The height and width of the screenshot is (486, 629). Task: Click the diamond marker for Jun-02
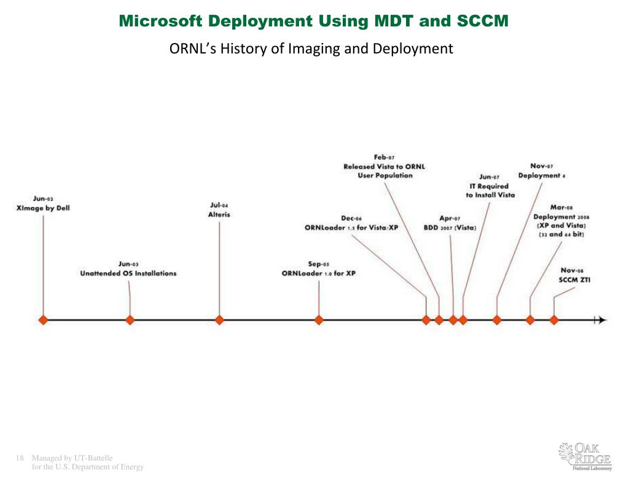(43, 319)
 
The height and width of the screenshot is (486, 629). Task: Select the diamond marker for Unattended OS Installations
(130, 319)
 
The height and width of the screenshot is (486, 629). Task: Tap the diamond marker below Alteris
(219, 319)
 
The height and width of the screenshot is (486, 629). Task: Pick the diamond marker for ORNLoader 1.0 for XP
(319, 319)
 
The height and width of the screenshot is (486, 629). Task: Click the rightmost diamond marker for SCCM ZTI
(553, 319)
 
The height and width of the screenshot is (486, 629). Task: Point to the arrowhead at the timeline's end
(602, 319)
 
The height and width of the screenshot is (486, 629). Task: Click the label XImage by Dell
(43, 208)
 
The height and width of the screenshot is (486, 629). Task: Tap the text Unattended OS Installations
(128, 273)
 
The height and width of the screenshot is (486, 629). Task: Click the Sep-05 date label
(319, 264)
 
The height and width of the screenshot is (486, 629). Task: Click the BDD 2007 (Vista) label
(450, 227)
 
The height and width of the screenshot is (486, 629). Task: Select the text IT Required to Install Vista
(490, 190)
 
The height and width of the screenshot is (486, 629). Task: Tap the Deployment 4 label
(541, 175)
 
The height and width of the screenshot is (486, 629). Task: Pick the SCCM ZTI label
(575, 280)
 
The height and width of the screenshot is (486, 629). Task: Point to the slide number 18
(19, 458)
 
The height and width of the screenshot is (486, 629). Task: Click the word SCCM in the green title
(475, 22)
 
